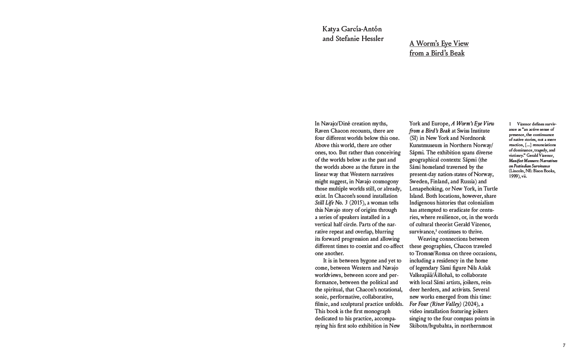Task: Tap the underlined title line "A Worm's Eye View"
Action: click(439, 43)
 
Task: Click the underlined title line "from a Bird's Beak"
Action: click(437, 53)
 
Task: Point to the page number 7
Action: click(564, 345)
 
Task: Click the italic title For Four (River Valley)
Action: click(435, 304)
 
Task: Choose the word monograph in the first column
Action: click(372, 311)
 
